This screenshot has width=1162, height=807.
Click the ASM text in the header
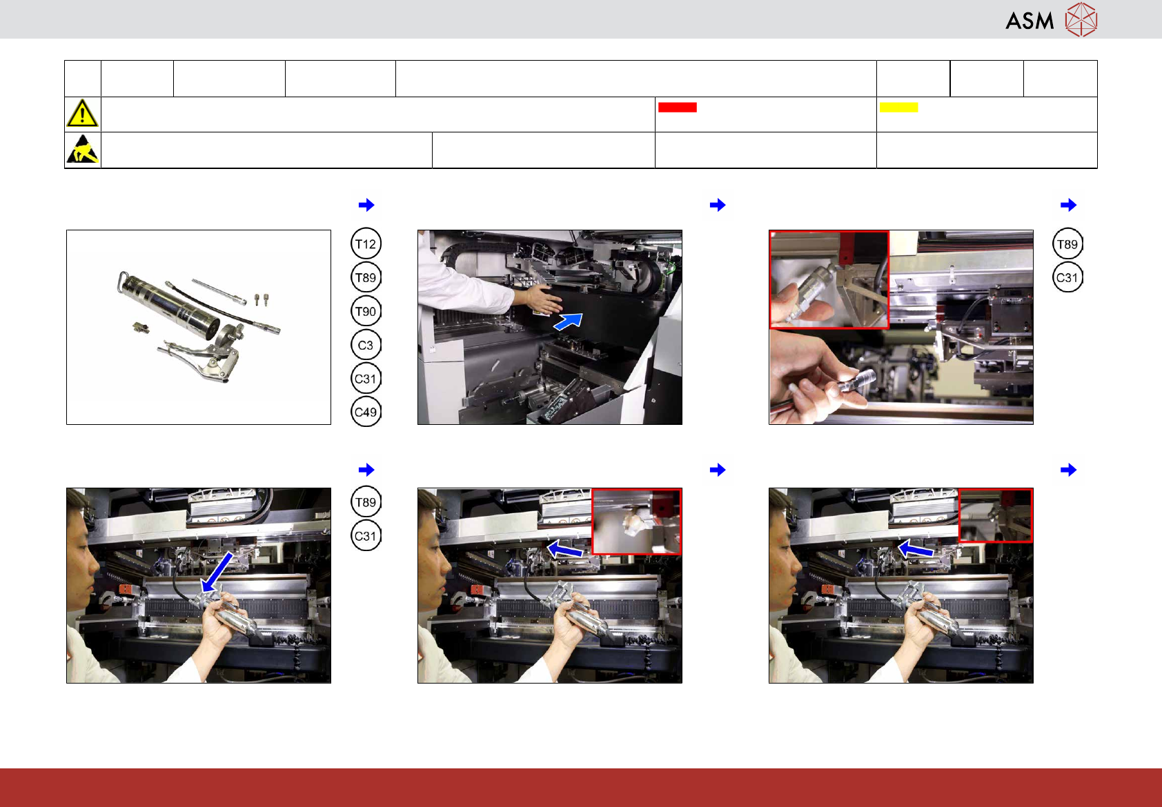(x=1030, y=21)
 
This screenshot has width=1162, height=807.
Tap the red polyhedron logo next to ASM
(x=1081, y=20)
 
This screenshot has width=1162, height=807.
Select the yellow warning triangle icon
(x=82, y=114)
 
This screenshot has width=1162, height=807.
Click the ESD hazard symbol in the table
(x=83, y=150)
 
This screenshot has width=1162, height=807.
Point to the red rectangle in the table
(x=677, y=108)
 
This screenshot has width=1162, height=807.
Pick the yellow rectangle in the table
(x=898, y=108)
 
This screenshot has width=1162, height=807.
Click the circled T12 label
(x=366, y=243)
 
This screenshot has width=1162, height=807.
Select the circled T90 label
(x=366, y=311)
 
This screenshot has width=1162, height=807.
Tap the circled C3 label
(x=366, y=345)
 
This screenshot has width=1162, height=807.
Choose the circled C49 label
(x=366, y=412)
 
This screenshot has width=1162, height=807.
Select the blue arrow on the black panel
(x=569, y=321)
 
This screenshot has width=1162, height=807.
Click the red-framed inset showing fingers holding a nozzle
(x=829, y=279)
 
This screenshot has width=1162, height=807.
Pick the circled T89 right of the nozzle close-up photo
(x=1067, y=243)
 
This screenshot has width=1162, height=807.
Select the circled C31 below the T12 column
(x=366, y=379)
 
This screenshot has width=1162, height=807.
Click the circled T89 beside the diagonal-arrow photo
(x=366, y=502)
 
